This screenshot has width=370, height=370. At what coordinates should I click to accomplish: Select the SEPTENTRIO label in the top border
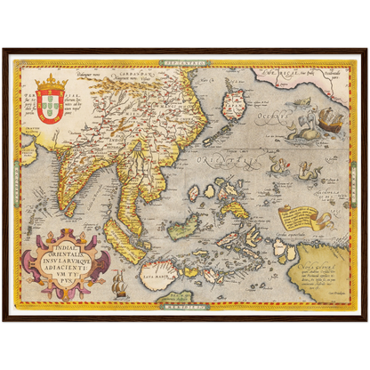184,63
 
